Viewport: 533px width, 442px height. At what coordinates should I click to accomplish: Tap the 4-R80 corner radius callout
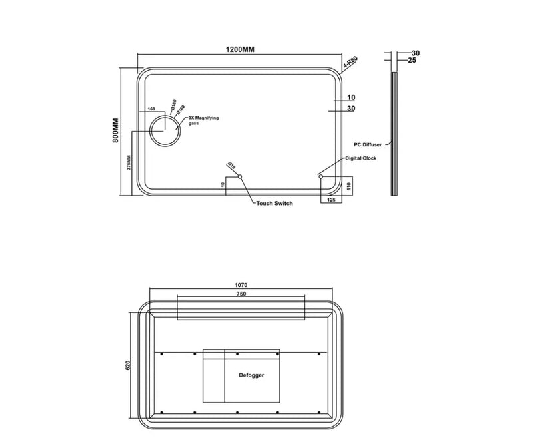tap(350, 64)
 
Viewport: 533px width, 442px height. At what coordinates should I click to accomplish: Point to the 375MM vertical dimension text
tap(129, 163)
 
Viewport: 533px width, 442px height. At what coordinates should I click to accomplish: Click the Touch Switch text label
tap(274, 204)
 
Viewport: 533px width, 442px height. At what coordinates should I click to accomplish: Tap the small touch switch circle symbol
tap(241, 176)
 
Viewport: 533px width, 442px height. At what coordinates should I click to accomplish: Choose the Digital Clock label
tap(362, 158)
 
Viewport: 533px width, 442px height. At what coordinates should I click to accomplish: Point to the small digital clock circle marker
tap(321, 176)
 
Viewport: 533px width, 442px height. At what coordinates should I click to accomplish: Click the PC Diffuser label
tap(367, 144)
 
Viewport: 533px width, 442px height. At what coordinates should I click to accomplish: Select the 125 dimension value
tap(331, 199)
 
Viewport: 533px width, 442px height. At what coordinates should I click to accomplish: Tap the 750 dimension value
tap(241, 294)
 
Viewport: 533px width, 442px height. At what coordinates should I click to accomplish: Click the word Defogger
tap(251, 375)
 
